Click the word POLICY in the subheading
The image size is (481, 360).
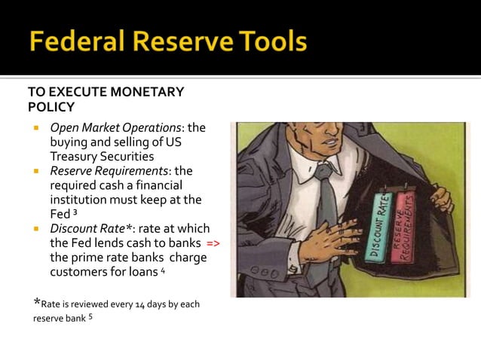point(51,106)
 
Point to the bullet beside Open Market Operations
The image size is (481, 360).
point(35,129)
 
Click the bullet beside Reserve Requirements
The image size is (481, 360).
point(35,172)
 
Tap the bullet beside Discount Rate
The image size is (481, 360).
point(35,229)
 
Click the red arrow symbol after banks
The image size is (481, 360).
point(213,244)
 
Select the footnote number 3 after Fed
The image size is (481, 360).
point(75,213)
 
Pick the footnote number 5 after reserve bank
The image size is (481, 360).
point(90,316)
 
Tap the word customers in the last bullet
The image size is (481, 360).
point(78,272)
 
